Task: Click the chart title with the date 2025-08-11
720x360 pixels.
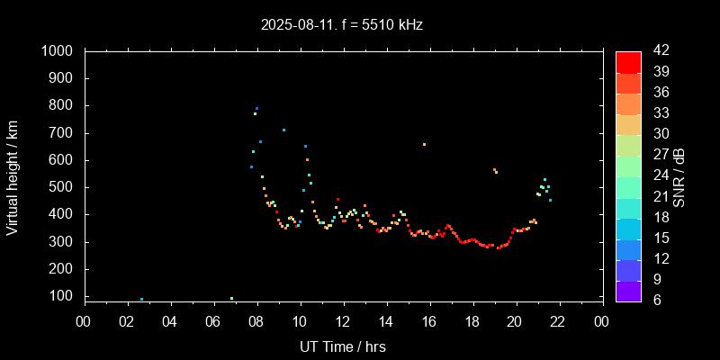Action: coord(342,25)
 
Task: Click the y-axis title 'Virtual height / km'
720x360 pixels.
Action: coord(13,176)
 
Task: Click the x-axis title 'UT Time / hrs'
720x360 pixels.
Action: coord(342,346)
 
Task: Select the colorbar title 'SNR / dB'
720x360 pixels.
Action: coord(679,176)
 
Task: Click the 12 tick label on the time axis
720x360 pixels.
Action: coord(342,321)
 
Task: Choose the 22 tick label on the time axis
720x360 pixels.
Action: coord(558,321)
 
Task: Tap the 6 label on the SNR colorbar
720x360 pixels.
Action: coord(654,300)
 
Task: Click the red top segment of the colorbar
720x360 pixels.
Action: coord(628,61)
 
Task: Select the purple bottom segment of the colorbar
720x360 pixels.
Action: coord(628,290)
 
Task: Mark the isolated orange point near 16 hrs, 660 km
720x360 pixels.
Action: coord(424,144)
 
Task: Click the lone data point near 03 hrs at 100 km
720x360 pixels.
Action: coord(141,299)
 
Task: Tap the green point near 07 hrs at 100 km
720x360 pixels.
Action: coord(231,298)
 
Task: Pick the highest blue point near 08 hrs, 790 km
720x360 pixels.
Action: coord(256,109)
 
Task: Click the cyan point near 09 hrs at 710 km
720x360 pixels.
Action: coord(283,130)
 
